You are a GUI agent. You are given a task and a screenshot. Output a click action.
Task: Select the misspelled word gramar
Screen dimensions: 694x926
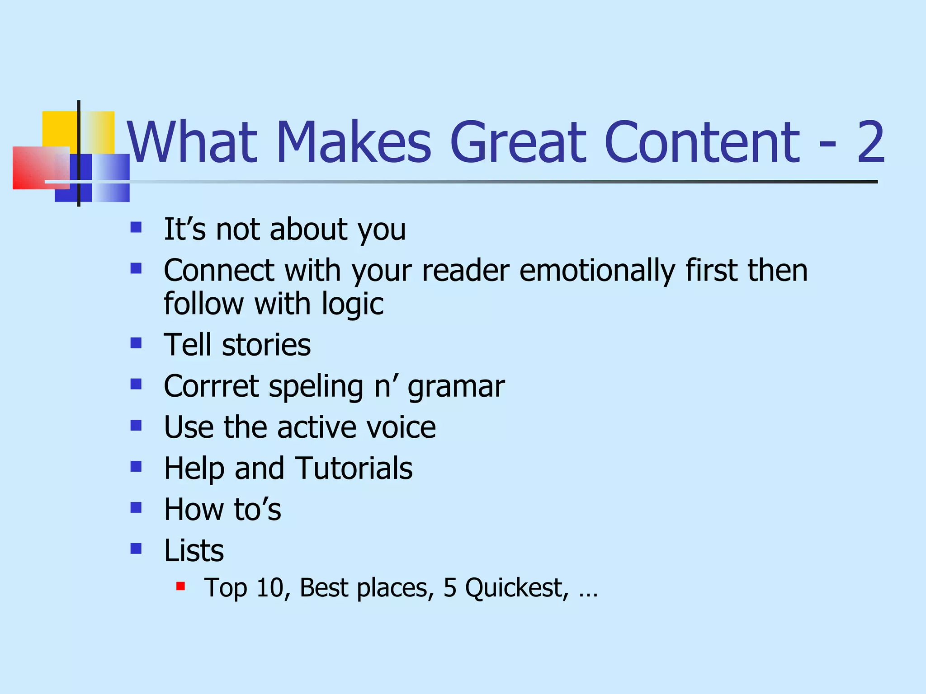tap(456, 388)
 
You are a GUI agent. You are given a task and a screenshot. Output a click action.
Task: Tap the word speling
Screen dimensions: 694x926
tap(316, 388)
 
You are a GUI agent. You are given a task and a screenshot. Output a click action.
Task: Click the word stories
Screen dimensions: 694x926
tap(266, 345)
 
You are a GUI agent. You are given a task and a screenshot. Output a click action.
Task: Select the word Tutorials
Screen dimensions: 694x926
tap(354, 468)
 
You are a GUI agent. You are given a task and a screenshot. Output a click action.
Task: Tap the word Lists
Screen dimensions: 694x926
tap(194, 551)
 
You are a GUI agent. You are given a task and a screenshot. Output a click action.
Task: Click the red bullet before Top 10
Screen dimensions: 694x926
tap(181, 586)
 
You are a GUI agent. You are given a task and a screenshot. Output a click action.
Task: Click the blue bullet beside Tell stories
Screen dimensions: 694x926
tap(136, 343)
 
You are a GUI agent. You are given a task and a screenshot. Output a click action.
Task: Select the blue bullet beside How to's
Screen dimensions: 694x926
tap(136, 508)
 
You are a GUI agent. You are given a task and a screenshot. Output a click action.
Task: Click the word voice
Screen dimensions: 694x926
tap(401, 427)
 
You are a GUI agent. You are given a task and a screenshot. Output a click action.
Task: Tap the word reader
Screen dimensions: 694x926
tap(466, 271)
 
